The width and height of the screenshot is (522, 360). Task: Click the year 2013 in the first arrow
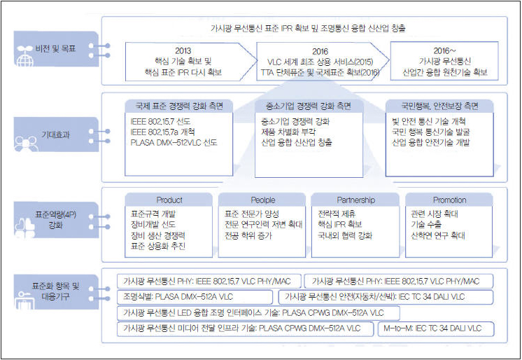point(183,51)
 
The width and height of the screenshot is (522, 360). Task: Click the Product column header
point(169,200)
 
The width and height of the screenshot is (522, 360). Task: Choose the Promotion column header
point(449,200)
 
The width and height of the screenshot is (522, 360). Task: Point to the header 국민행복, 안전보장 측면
point(439,106)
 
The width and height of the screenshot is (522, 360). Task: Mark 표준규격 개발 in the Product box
point(155,213)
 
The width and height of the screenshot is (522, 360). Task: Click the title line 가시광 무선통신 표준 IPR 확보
point(308,28)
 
